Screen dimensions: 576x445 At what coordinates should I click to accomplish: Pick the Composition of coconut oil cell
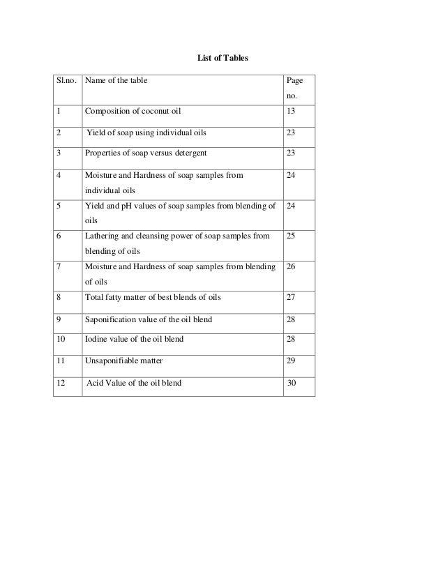135,110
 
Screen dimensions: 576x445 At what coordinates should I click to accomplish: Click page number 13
290,110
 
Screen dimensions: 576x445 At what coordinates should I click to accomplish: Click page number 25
291,236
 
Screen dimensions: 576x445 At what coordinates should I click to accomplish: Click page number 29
291,361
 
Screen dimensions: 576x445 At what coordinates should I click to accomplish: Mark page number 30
291,382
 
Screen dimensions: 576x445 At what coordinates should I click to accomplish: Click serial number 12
61,382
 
